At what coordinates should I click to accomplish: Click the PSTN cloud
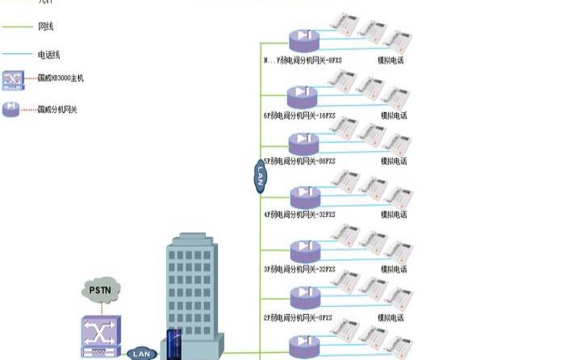click(x=101, y=289)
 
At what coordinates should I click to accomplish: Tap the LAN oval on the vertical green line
click(x=260, y=175)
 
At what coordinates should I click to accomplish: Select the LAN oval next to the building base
click(x=141, y=354)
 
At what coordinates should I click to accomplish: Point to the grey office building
click(x=191, y=295)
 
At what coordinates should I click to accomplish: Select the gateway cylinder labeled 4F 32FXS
click(x=304, y=196)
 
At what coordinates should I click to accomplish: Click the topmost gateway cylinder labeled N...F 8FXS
click(x=304, y=40)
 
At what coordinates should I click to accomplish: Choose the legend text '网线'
click(x=47, y=27)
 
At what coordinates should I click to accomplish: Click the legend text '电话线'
click(x=49, y=54)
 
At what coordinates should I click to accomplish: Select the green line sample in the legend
click(x=16, y=27)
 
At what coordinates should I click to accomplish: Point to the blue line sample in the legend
click(x=16, y=54)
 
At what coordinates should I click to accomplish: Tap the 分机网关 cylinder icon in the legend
click(x=12, y=108)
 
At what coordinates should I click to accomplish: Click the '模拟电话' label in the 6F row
click(x=394, y=115)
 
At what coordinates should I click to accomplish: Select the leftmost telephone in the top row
click(x=345, y=24)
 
